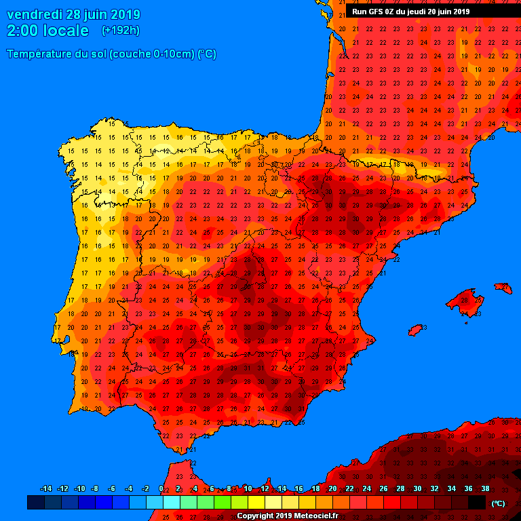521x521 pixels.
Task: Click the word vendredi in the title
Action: click(34, 14)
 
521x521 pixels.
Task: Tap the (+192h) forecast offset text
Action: click(120, 31)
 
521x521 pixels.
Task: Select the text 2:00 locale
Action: click(47, 31)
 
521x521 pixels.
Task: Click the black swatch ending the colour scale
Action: click(477, 502)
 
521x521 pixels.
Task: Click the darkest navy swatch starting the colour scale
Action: click(35, 502)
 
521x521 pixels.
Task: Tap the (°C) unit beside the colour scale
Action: click(499, 503)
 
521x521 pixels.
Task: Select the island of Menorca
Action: click(503, 288)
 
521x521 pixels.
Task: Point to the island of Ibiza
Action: click(415, 330)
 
